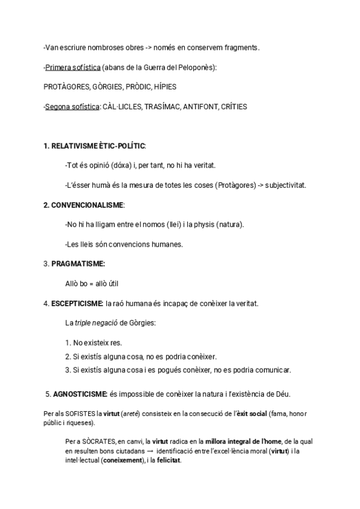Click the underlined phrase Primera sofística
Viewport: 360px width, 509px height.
pyautogui.click(x=71, y=68)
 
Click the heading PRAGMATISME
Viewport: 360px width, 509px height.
pyautogui.click(x=78, y=264)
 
